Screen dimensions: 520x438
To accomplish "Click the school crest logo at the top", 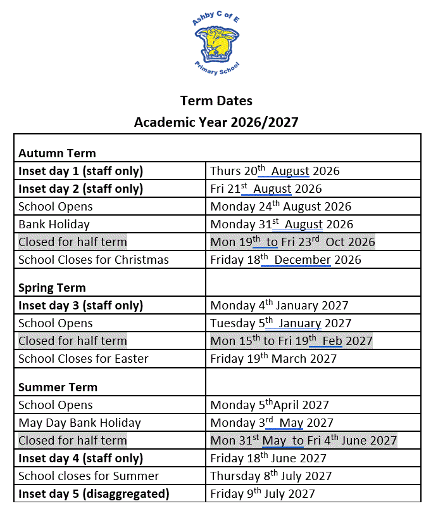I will click(x=216, y=46).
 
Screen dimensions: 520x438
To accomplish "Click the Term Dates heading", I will click(x=216, y=101).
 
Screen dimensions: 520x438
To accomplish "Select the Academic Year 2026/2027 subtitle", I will click(x=216, y=122).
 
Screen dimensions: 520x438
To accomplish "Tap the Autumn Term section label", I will click(x=57, y=153).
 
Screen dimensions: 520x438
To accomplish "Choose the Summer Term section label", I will click(x=58, y=387).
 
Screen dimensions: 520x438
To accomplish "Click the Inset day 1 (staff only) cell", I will click(x=80, y=171).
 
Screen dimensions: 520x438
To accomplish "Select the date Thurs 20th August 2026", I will click(x=275, y=171).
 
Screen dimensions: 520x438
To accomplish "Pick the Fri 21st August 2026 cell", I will click(x=266, y=189).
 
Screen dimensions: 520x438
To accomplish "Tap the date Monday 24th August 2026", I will click(x=280, y=207).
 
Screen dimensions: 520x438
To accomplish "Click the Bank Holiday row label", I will click(x=54, y=224).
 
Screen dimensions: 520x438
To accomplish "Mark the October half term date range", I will click(x=292, y=242).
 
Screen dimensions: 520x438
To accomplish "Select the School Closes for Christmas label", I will click(x=94, y=260).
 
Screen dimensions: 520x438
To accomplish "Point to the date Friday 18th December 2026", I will click(x=285, y=260).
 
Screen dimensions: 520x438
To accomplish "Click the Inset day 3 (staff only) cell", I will click(x=80, y=306).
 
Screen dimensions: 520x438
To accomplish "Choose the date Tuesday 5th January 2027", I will click(x=280, y=323).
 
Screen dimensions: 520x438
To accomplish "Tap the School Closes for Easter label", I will click(x=84, y=359).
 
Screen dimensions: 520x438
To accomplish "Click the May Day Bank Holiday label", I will click(x=80, y=423).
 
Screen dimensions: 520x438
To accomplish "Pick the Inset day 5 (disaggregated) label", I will click(x=94, y=494).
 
